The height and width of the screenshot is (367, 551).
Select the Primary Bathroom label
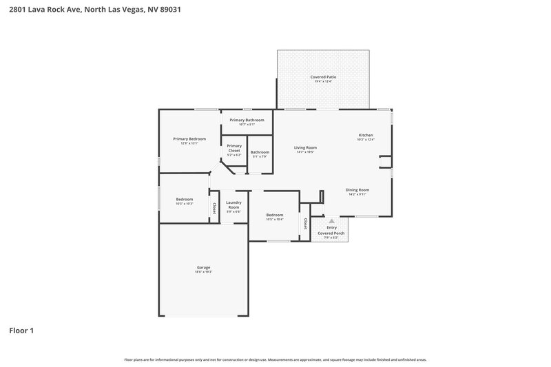click(x=247, y=120)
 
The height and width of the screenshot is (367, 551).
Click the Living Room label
click(x=305, y=147)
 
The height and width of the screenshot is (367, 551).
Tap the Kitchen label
click(x=365, y=135)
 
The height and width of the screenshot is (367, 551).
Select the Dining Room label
click(x=357, y=190)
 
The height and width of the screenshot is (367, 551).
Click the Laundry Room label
click(x=233, y=205)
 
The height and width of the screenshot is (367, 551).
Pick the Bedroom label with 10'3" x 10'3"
click(x=184, y=199)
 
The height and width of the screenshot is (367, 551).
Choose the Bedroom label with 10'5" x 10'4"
click(x=275, y=215)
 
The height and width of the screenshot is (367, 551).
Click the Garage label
click(x=203, y=267)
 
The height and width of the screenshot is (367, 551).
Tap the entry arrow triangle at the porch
click(x=331, y=221)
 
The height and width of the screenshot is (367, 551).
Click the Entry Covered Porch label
click(x=331, y=231)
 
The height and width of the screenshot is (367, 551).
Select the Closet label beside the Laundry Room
click(x=214, y=207)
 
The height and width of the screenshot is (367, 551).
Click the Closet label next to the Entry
click(x=305, y=223)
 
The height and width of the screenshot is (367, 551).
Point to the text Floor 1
click(x=21, y=331)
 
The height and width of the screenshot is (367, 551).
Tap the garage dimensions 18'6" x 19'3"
click(x=203, y=272)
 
